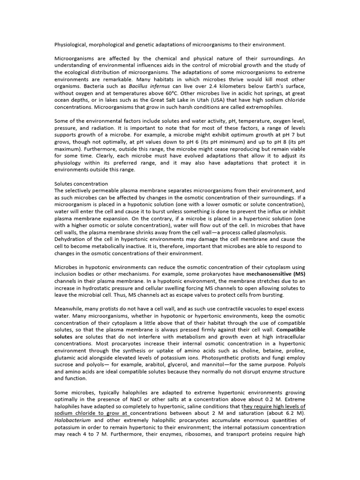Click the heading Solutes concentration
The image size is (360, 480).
(81, 184)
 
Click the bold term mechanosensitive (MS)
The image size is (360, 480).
(276, 274)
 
